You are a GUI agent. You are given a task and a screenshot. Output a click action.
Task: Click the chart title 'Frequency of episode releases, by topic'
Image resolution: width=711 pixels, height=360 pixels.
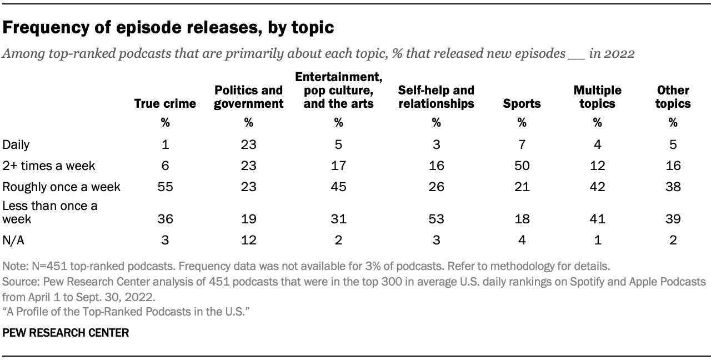[x=168, y=28]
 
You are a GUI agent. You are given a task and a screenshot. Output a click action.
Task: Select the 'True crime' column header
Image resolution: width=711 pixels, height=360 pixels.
[x=165, y=103]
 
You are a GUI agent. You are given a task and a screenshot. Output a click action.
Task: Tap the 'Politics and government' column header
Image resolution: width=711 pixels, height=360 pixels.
[x=248, y=97]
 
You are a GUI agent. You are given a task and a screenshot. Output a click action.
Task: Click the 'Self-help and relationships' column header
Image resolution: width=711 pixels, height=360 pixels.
[x=436, y=97]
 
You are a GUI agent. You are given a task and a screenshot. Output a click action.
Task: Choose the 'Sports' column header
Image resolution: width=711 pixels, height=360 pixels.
[x=522, y=103]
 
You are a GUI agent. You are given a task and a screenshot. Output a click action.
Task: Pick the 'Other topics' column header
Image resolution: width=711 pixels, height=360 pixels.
[x=673, y=97]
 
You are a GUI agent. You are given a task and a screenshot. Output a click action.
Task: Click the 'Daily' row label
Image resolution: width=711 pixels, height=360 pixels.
[x=16, y=145]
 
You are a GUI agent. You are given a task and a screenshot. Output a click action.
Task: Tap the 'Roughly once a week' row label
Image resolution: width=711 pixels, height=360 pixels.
[x=62, y=187]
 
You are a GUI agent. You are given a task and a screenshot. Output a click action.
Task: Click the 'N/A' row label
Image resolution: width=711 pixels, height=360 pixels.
[x=14, y=240]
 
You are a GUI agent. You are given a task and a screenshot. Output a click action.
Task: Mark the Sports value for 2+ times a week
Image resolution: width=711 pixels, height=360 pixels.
[x=522, y=166]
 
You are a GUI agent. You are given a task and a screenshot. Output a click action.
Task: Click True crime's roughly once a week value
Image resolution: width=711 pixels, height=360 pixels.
[x=165, y=187]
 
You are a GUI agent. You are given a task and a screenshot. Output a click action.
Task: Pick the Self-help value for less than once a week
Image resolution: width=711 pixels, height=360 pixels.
[x=436, y=219]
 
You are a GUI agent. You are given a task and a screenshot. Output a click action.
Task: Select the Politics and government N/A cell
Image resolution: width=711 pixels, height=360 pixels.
[x=248, y=240]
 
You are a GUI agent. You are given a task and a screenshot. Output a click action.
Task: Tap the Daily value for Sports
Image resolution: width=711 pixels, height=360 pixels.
[x=522, y=145]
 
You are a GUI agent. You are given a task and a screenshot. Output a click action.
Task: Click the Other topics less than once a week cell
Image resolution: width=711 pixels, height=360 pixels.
[x=673, y=219]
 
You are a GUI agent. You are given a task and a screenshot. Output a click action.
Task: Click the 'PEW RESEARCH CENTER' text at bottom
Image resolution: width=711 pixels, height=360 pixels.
[x=66, y=333]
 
